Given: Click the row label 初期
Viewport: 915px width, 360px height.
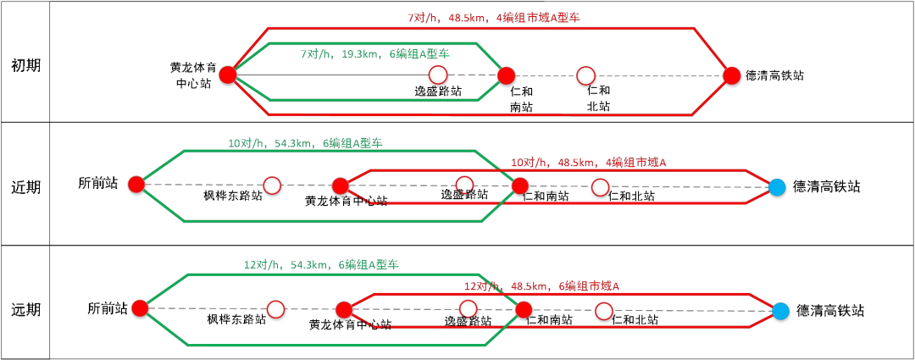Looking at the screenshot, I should coord(25,66).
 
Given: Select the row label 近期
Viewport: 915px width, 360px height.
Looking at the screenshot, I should coord(25,186).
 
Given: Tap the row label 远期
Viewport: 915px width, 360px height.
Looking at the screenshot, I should coord(25,309).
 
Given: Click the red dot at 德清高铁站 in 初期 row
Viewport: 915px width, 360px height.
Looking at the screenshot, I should coord(732,75).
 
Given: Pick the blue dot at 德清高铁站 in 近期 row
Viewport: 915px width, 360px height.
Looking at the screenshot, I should coord(777,186).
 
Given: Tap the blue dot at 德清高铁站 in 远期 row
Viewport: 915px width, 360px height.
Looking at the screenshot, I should coord(780,311).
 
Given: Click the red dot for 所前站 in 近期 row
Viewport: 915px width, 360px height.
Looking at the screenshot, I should coord(136,183).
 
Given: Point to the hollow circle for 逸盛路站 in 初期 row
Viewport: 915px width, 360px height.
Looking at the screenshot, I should coord(438,75).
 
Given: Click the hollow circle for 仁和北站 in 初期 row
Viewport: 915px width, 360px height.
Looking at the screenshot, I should coord(585,75).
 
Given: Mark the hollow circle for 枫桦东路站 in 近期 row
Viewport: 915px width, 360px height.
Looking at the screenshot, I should coord(271,185).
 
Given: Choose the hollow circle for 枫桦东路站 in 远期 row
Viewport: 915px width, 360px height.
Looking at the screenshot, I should coord(275,309).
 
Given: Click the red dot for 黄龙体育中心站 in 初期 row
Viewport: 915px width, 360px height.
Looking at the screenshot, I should coord(227,75).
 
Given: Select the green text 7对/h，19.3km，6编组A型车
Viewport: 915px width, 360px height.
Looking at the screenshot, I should coord(374,53).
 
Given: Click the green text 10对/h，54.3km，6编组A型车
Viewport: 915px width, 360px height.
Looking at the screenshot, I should coord(305,143).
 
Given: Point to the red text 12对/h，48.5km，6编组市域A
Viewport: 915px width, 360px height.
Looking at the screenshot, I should coord(542,285).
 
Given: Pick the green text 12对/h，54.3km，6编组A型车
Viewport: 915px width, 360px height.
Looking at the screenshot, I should coord(321,265).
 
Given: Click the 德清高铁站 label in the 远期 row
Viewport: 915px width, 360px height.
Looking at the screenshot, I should coord(830,311).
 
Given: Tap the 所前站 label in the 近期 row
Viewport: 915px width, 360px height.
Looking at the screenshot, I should coord(97,183).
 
